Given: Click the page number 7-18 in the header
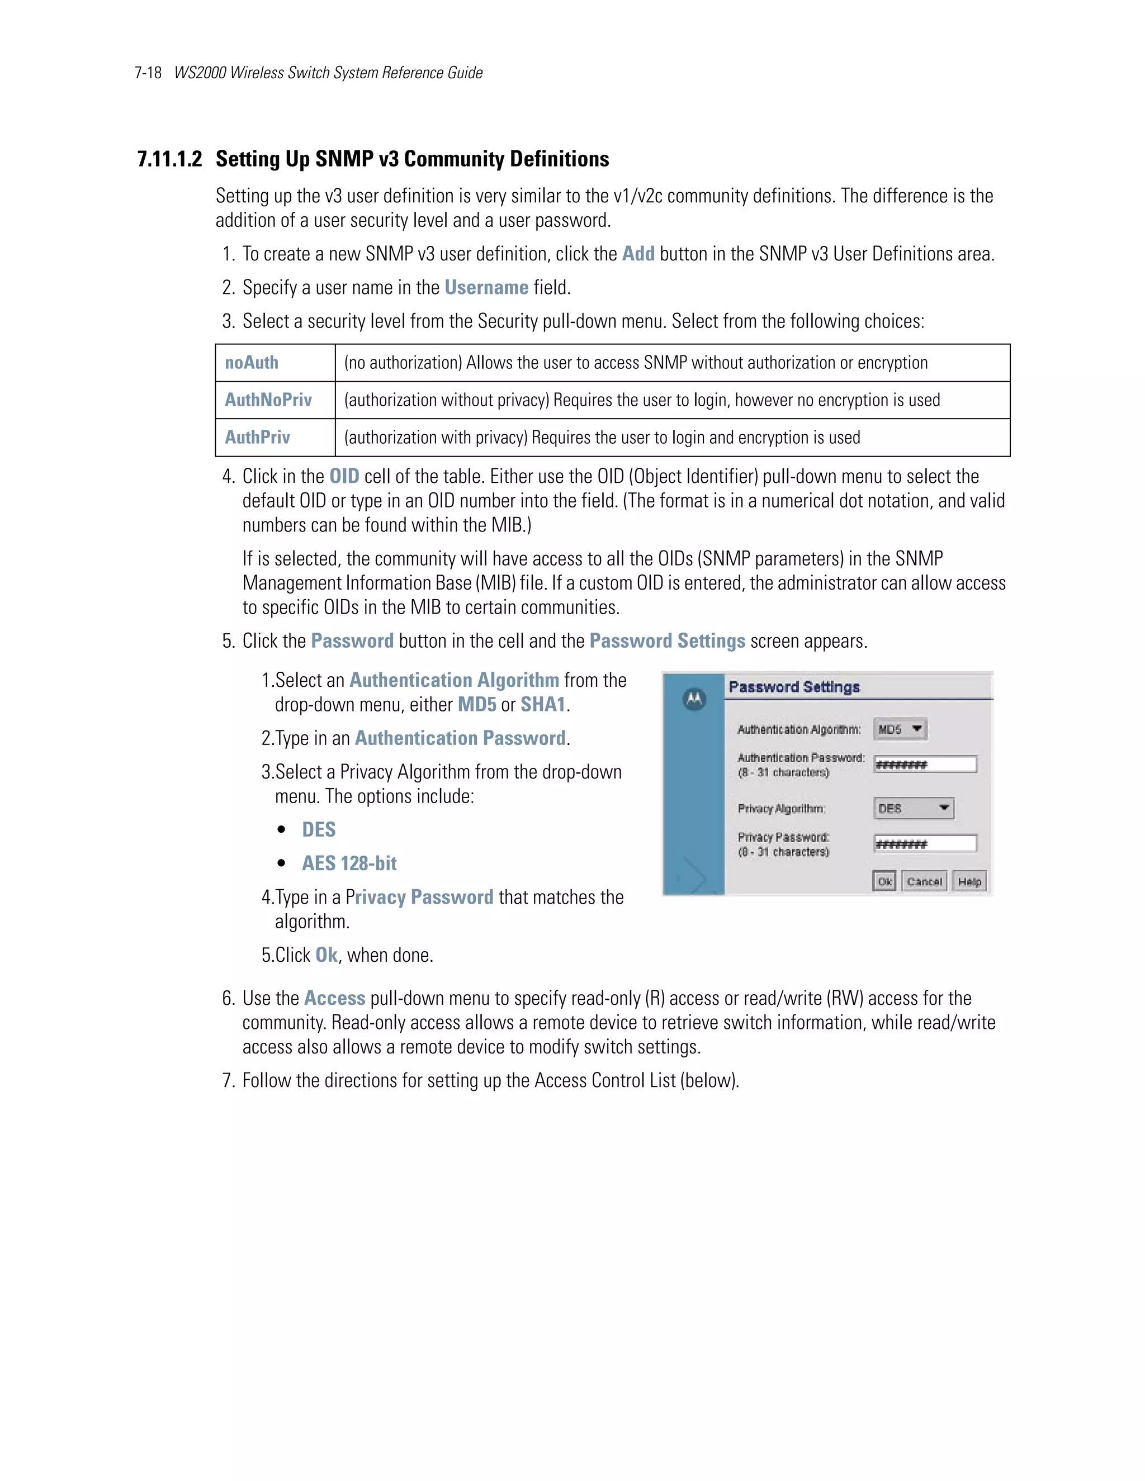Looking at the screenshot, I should [x=147, y=73].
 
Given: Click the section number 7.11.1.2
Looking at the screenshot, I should [x=169, y=159].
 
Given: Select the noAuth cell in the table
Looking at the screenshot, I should [x=252, y=363].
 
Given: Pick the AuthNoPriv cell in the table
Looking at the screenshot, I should [x=268, y=400].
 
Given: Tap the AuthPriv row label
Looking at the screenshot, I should [x=257, y=438].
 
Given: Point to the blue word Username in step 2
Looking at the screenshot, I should [x=486, y=287].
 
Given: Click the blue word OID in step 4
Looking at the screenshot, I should [x=344, y=477].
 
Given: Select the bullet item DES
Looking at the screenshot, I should [x=319, y=830].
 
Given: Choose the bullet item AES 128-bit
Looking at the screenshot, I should [x=349, y=863].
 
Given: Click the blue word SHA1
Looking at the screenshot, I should [x=543, y=705].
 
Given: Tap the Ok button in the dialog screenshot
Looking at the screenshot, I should [x=884, y=881].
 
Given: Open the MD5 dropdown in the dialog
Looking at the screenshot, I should [x=900, y=729].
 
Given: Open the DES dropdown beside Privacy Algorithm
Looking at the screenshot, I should [x=913, y=808].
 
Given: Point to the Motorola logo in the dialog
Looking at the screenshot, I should [x=694, y=699].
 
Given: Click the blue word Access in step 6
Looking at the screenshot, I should [x=334, y=998].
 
